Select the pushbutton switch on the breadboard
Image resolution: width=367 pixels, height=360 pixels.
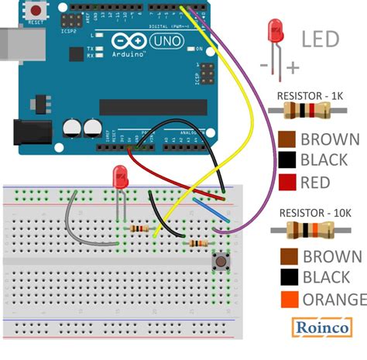222,262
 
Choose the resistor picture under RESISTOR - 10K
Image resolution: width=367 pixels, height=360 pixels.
317,229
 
